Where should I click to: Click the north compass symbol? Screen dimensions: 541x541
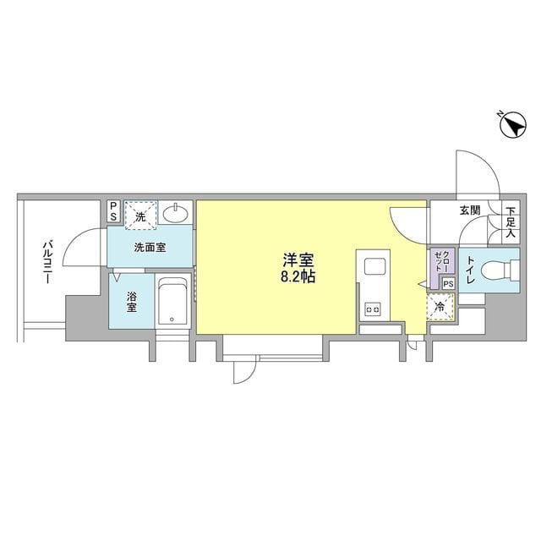click(x=513, y=126)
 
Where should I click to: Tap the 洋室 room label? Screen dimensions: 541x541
click(x=298, y=260)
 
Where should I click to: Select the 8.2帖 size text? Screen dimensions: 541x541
click(x=298, y=276)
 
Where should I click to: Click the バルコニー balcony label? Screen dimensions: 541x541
click(x=47, y=262)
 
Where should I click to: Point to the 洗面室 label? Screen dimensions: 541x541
click(x=150, y=247)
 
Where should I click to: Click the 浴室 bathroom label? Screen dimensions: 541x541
click(x=132, y=302)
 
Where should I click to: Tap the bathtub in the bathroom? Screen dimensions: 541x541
click(x=172, y=301)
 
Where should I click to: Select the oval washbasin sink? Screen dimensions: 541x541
click(x=176, y=214)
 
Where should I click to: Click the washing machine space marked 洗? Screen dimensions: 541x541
click(x=140, y=216)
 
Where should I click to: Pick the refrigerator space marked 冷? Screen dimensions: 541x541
click(x=440, y=307)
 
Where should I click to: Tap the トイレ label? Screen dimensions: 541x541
click(x=471, y=270)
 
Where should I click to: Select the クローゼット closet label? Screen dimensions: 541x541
click(x=442, y=261)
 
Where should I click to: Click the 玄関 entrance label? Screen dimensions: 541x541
click(x=470, y=210)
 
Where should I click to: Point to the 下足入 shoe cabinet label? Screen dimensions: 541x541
click(x=511, y=221)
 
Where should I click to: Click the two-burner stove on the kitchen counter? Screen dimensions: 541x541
click(x=373, y=309)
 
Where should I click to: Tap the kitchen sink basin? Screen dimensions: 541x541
click(x=374, y=266)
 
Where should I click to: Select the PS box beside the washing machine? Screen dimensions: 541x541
click(x=113, y=212)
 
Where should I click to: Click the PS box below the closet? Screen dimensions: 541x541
click(x=449, y=284)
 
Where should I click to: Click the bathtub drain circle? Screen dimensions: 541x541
click(x=172, y=320)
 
